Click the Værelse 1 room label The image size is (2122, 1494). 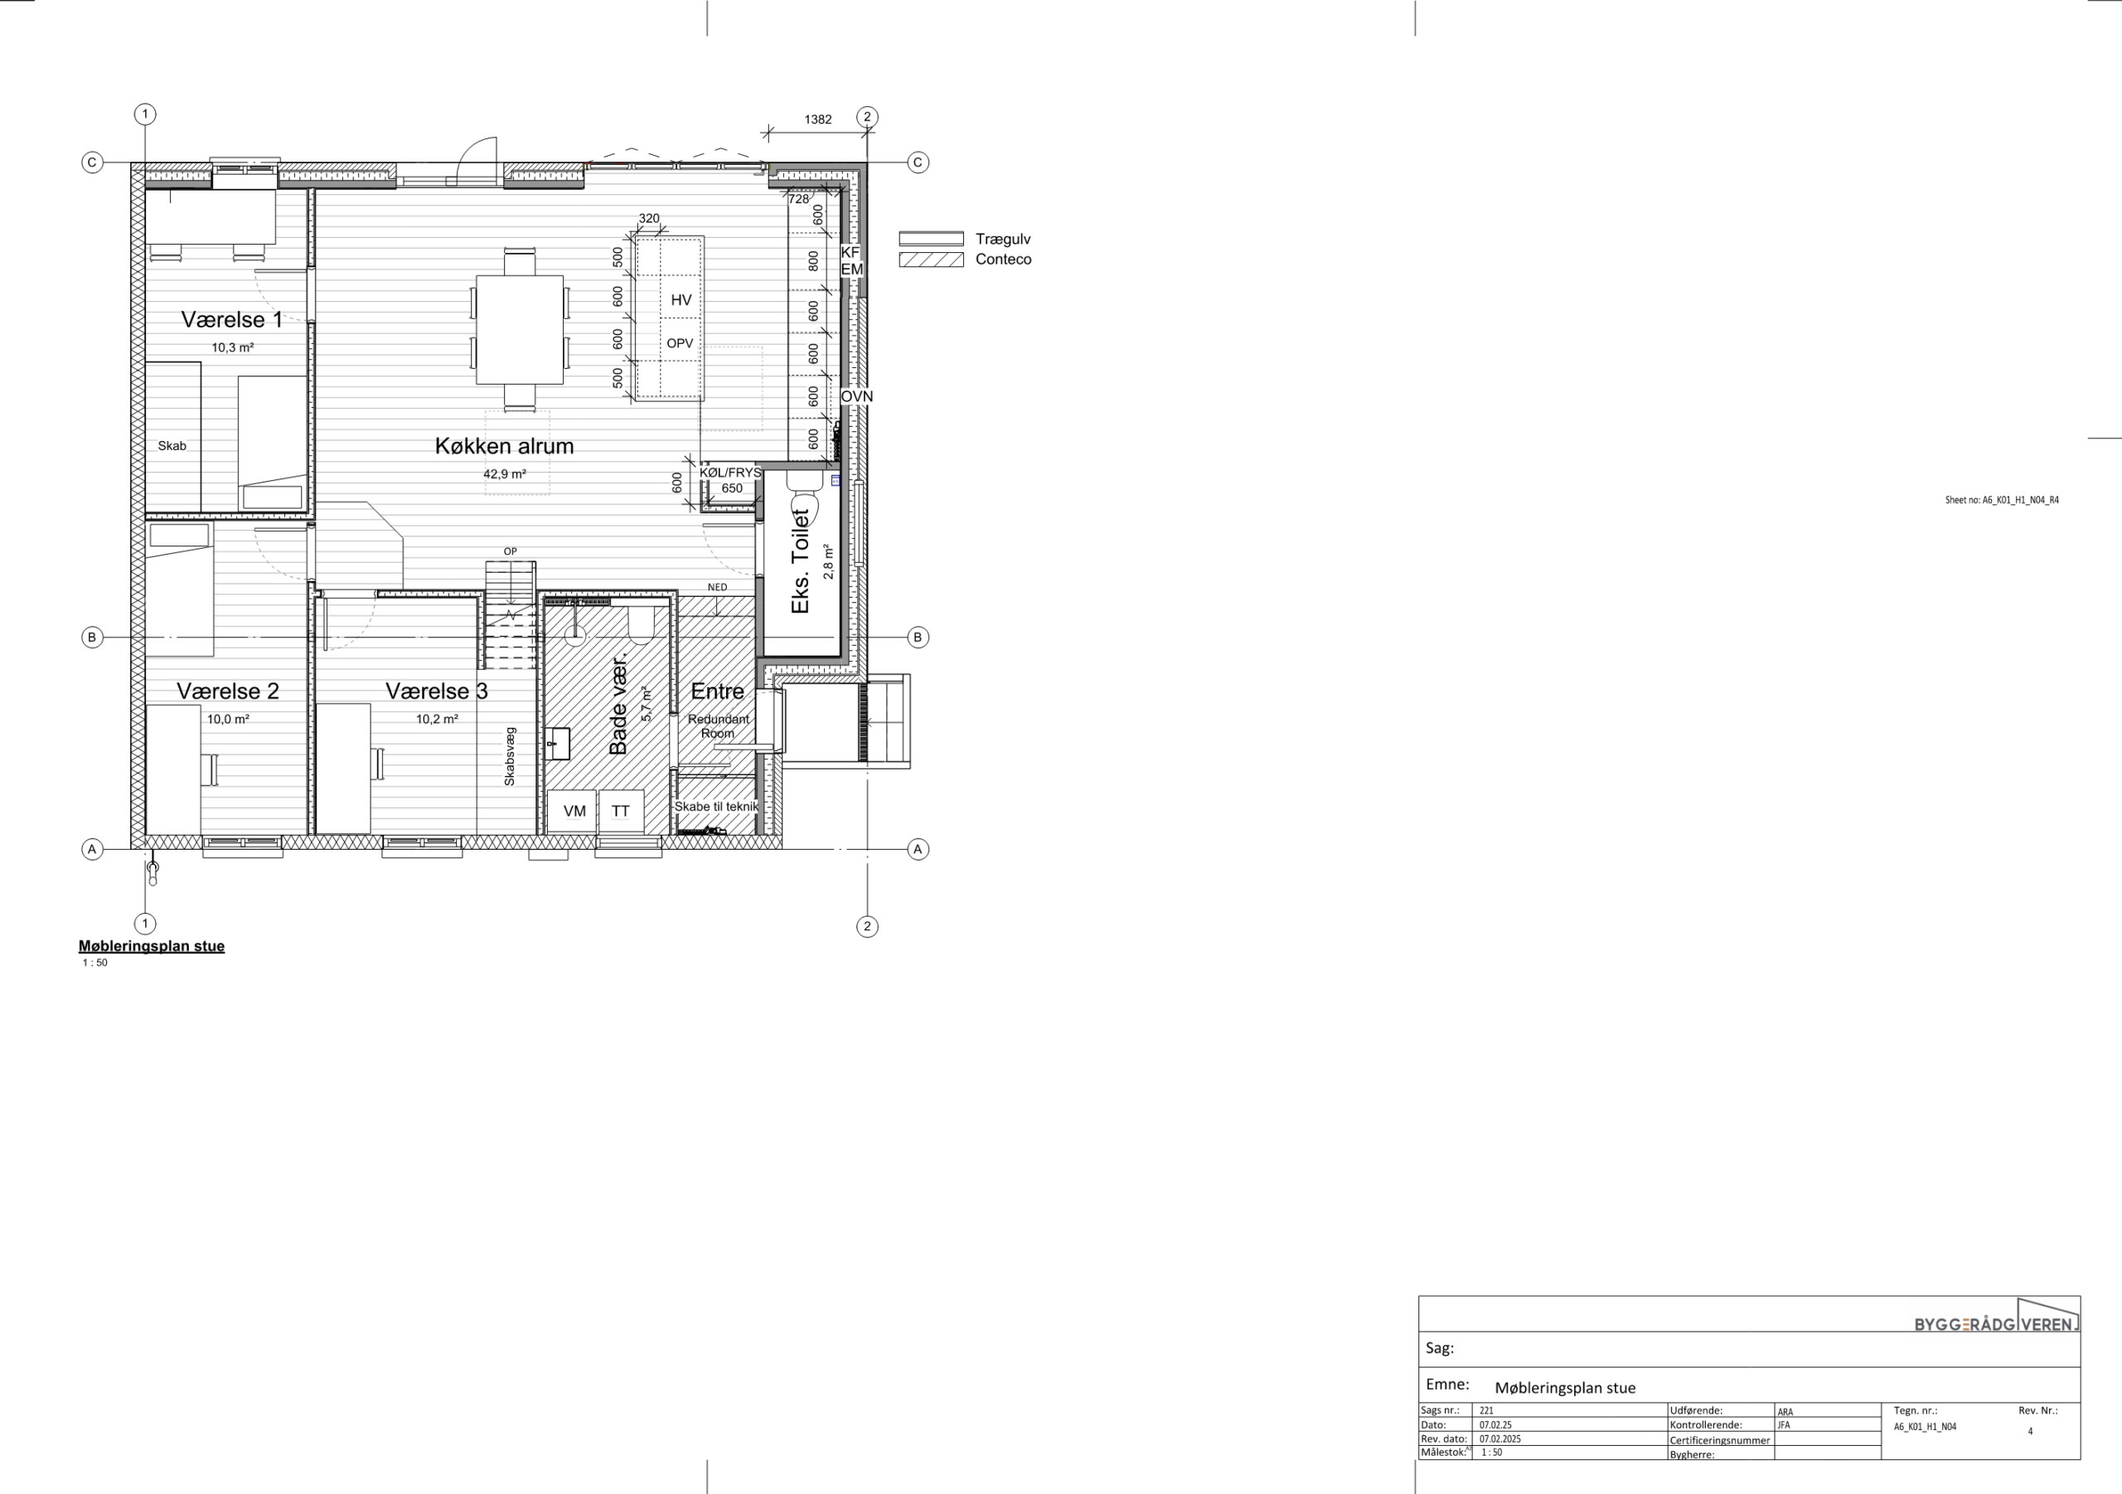(x=232, y=320)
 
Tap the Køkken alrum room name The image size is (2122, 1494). (x=505, y=447)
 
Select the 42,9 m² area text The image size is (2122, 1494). (x=505, y=474)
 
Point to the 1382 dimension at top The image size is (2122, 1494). (x=818, y=119)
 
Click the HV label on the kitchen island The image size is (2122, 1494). (x=681, y=299)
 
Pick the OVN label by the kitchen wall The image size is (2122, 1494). (x=857, y=396)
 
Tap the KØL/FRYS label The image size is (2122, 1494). (x=730, y=473)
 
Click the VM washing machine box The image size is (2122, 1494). (x=574, y=812)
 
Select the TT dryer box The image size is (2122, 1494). (x=620, y=812)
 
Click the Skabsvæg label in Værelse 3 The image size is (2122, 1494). (x=509, y=757)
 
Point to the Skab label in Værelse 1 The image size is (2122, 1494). (x=172, y=445)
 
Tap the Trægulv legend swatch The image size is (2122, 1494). (x=931, y=239)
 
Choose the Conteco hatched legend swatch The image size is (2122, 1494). (x=931, y=260)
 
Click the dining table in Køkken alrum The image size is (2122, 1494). (x=520, y=329)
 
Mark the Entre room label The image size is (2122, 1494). (x=717, y=691)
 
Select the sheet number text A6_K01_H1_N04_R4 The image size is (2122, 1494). (x=2002, y=500)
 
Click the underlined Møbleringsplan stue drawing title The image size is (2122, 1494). (x=152, y=946)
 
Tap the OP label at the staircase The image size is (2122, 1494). (x=510, y=551)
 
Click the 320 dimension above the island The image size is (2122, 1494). (x=649, y=218)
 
